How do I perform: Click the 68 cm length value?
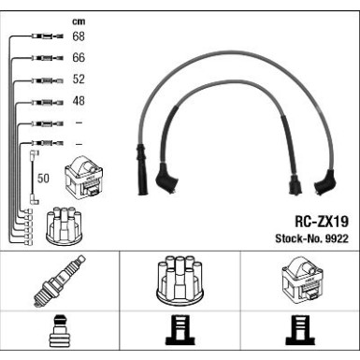pyautogui.click(x=79, y=36)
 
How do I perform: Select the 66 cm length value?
pyautogui.click(x=79, y=58)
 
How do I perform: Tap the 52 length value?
pyautogui.click(x=79, y=79)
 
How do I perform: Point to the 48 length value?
pyautogui.click(x=79, y=101)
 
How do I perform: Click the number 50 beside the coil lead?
pyautogui.click(x=43, y=178)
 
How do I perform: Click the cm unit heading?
pyautogui.click(x=79, y=22)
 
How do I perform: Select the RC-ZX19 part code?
pyautogui.click(x=322, y=222)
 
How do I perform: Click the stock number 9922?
pyautogui.click(x=337, y=238)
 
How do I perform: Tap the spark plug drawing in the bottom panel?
pyautogui.click(x=59, y=281)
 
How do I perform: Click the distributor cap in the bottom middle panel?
pyautogui.click(x=180, y=281)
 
